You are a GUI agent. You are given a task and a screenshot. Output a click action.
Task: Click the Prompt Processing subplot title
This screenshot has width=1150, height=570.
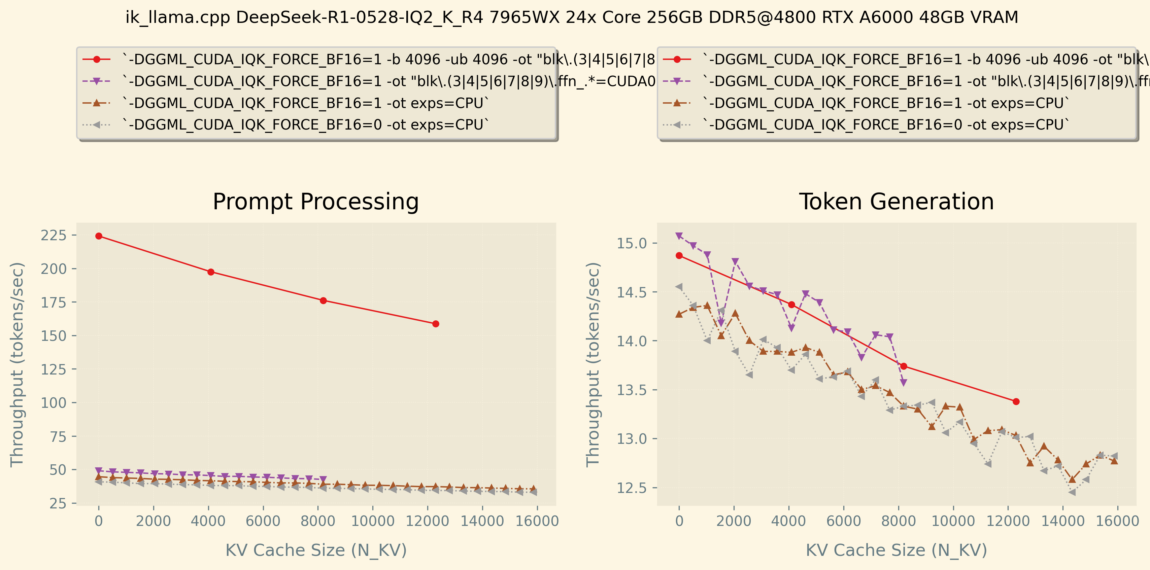point(316,202)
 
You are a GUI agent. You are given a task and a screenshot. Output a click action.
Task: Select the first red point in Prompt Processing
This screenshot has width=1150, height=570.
point(99,236)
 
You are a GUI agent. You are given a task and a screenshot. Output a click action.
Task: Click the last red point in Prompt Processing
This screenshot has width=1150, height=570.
point(436,324)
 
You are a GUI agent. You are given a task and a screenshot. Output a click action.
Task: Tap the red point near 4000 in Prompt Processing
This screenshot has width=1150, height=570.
point(211,272)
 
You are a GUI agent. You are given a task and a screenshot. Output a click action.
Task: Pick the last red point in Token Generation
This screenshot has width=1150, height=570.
point(1016,402)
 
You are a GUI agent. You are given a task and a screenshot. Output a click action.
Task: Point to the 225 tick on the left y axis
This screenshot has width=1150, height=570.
point(54,235)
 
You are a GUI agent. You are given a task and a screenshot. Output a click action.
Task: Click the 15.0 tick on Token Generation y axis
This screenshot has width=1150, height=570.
point(631,243)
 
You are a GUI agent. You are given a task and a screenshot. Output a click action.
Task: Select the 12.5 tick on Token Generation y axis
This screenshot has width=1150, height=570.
point(631,488)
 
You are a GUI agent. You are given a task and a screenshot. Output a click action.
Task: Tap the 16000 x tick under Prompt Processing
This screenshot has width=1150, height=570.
point(537,521)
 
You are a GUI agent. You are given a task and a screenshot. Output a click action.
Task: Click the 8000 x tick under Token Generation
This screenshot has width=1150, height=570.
point(899,521)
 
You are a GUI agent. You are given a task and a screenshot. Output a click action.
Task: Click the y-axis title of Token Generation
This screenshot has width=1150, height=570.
point(593,364)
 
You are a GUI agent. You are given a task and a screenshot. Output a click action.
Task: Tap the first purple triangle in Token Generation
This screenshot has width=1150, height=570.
point(679,236)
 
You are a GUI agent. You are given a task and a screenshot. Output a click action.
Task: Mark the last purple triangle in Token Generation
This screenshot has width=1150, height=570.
point(904,383)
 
